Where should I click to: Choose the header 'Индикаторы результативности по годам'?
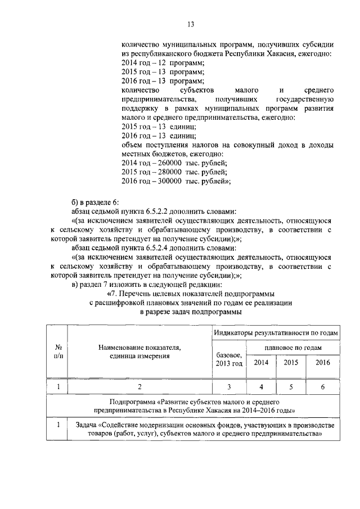[x=276, y=334]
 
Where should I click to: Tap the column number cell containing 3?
[x=229, y=387]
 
